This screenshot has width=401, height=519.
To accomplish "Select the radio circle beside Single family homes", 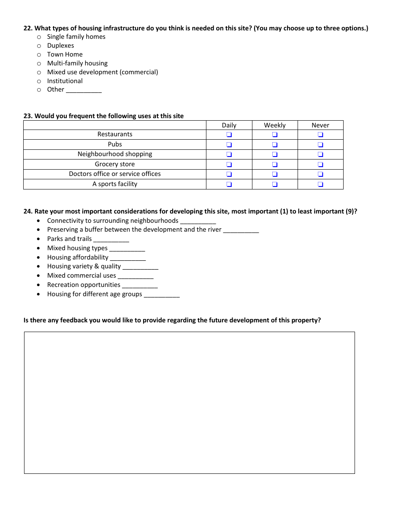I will (x=39, y=37).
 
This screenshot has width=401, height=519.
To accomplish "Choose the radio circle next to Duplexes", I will (x=39, y=46).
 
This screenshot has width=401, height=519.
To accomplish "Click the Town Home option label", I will (x=65, y=54).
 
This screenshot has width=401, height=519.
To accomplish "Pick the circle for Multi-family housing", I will (x=39, y=64).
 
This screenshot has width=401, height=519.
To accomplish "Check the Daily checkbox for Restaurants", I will (x=229, y=135).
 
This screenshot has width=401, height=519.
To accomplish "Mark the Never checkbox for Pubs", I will (x=320, y=145).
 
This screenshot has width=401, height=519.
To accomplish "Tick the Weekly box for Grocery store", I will (x=275, y=165).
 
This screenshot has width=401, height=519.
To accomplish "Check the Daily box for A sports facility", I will (x=229, y=184).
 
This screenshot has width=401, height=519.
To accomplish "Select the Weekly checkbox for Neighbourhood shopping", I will (x=275, y=154).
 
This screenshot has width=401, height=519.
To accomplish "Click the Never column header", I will (x=320, y=125).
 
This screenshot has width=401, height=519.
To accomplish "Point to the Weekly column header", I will (x=275, y=125).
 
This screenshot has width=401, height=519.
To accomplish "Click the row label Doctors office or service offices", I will (x=115, y=174).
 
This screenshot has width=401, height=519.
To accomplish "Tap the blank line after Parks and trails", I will (x=111, y=240).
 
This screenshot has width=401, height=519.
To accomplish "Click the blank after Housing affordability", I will (x=128, y=258).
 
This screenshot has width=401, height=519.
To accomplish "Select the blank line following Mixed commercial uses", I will (x=135, y=276).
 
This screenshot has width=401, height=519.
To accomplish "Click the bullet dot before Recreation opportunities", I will (x=39, y=285).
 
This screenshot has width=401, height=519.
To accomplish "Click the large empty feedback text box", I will (x=189, y=403).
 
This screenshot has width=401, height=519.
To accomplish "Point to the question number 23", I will (x=28, y=116).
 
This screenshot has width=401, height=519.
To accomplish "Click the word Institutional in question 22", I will (x=65, y=81).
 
